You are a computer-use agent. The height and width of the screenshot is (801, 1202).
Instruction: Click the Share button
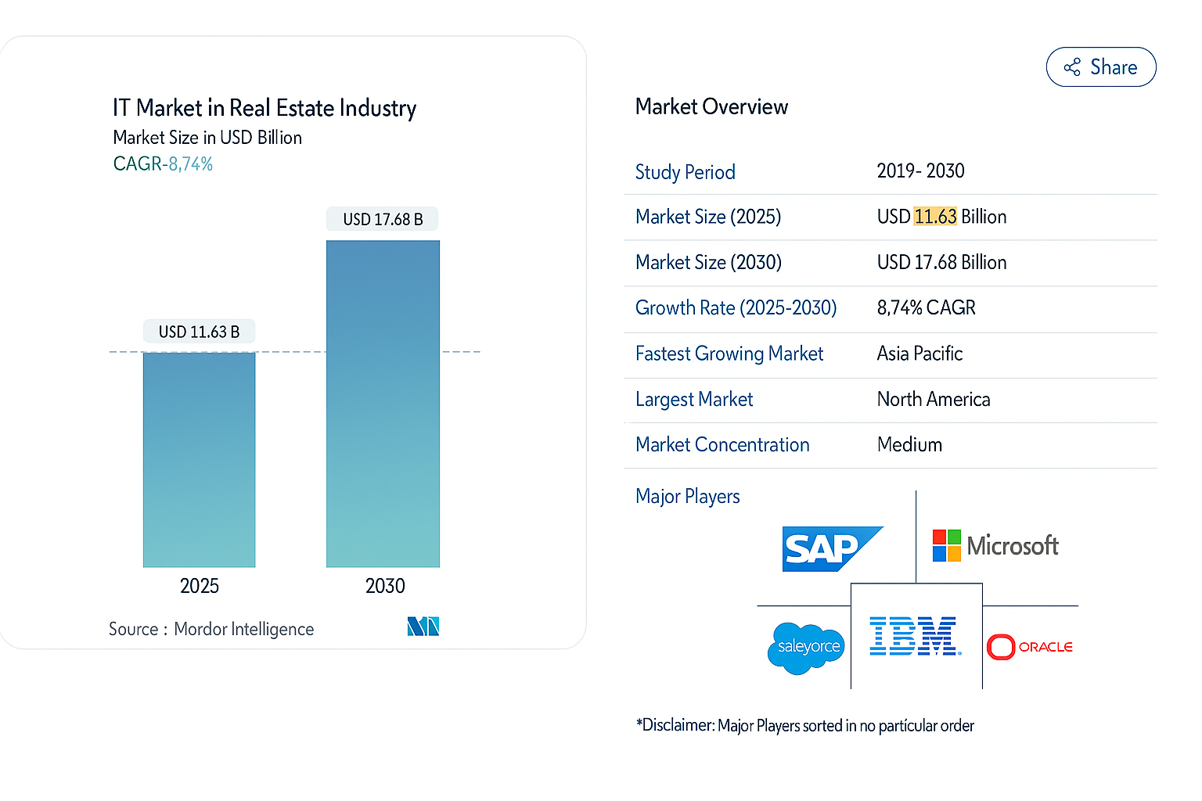[x=1100, y=67]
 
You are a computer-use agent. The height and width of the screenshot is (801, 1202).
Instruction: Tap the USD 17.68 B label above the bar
[x=383, y=219]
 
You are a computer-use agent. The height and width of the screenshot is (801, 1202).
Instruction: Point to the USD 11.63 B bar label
[x=199, y=332]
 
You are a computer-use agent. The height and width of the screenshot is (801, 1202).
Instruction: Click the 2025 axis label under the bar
[x=199, y=586]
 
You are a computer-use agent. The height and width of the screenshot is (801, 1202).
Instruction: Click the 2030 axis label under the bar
[x=385, y=586]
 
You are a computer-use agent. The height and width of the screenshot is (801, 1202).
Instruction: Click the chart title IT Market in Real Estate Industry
[x=264, y=108]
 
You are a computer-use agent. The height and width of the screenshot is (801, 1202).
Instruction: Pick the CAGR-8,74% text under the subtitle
[x=163, y=164]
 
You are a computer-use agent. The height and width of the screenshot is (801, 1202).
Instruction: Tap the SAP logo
[x=831, y=548]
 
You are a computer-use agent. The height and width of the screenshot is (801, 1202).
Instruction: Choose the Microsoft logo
[x=995, y=545]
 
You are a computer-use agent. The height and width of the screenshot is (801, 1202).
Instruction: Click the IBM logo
[x=914, y=636]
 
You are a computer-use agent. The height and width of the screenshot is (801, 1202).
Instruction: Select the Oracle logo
[x=1030, y=647]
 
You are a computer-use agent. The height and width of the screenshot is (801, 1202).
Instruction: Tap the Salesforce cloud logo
[x=806, y=647]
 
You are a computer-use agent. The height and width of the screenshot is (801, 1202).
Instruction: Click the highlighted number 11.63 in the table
[x=935, y=217]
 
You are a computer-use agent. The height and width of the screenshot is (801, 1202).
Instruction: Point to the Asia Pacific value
[x=919, y=354]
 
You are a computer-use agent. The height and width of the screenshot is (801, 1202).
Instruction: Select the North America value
[x=933, y=399]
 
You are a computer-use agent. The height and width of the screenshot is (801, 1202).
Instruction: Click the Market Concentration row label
[x=722, y=444]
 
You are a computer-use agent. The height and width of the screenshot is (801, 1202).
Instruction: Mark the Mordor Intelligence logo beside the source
[x=423, y=627]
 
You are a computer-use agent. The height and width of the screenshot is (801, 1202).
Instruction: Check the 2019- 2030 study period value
[x=920, y=171]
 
